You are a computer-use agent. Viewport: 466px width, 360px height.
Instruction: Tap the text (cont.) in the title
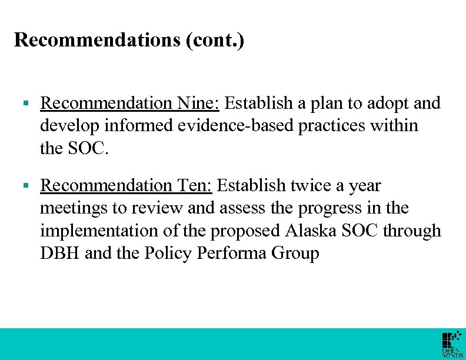tap(215, 41)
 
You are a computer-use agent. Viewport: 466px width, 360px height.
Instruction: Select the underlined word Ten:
tap(195, 186)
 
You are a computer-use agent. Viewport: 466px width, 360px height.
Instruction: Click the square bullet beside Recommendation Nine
tap(25, 104)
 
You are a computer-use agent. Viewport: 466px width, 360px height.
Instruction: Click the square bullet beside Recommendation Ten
tap(25, 186)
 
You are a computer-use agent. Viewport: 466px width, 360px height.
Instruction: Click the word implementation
tap(100, 231)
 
